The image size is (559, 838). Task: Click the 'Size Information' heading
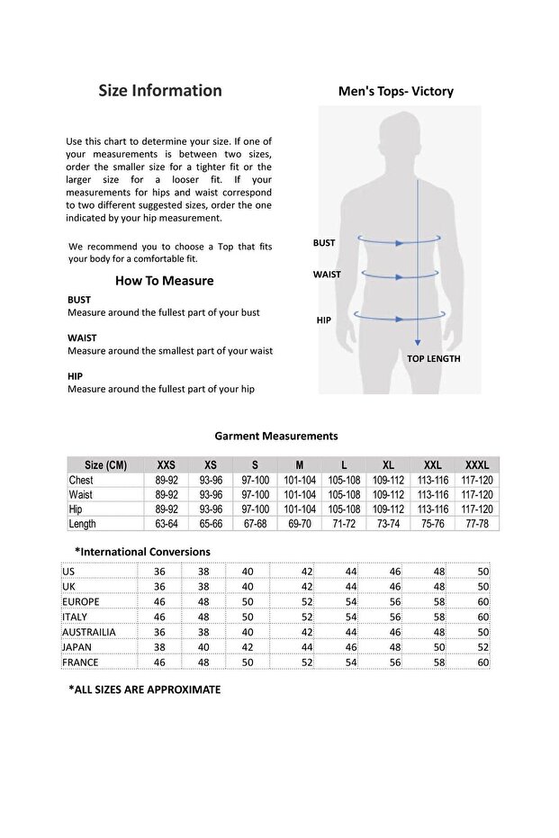pos(159,90)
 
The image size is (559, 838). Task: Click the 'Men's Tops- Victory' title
pos(395,91)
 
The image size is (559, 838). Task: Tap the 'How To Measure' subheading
pos(164,281)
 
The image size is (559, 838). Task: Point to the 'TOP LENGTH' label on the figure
pos(433,358)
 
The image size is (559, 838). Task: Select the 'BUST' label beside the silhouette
pos(324,243)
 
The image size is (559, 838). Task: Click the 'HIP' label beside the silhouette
pos(324,320)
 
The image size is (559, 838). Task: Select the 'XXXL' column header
pos(477,465)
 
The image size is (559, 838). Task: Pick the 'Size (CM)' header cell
pos(105,465)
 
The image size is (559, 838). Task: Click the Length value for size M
pos(300,524)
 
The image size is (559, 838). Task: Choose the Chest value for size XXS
pos(167,481)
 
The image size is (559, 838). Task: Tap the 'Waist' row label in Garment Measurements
pos(81,495)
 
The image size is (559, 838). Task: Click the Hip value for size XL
pos(388,509)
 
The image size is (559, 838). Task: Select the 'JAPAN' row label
pos(77,647)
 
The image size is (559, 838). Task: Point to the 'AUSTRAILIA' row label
pos(89,632)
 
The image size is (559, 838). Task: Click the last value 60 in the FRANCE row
pos(483,662)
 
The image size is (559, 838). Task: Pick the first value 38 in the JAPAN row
pos(160,647)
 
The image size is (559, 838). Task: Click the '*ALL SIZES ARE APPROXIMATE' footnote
pos(145,689)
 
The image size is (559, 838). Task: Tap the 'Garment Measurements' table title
pos(276,436)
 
